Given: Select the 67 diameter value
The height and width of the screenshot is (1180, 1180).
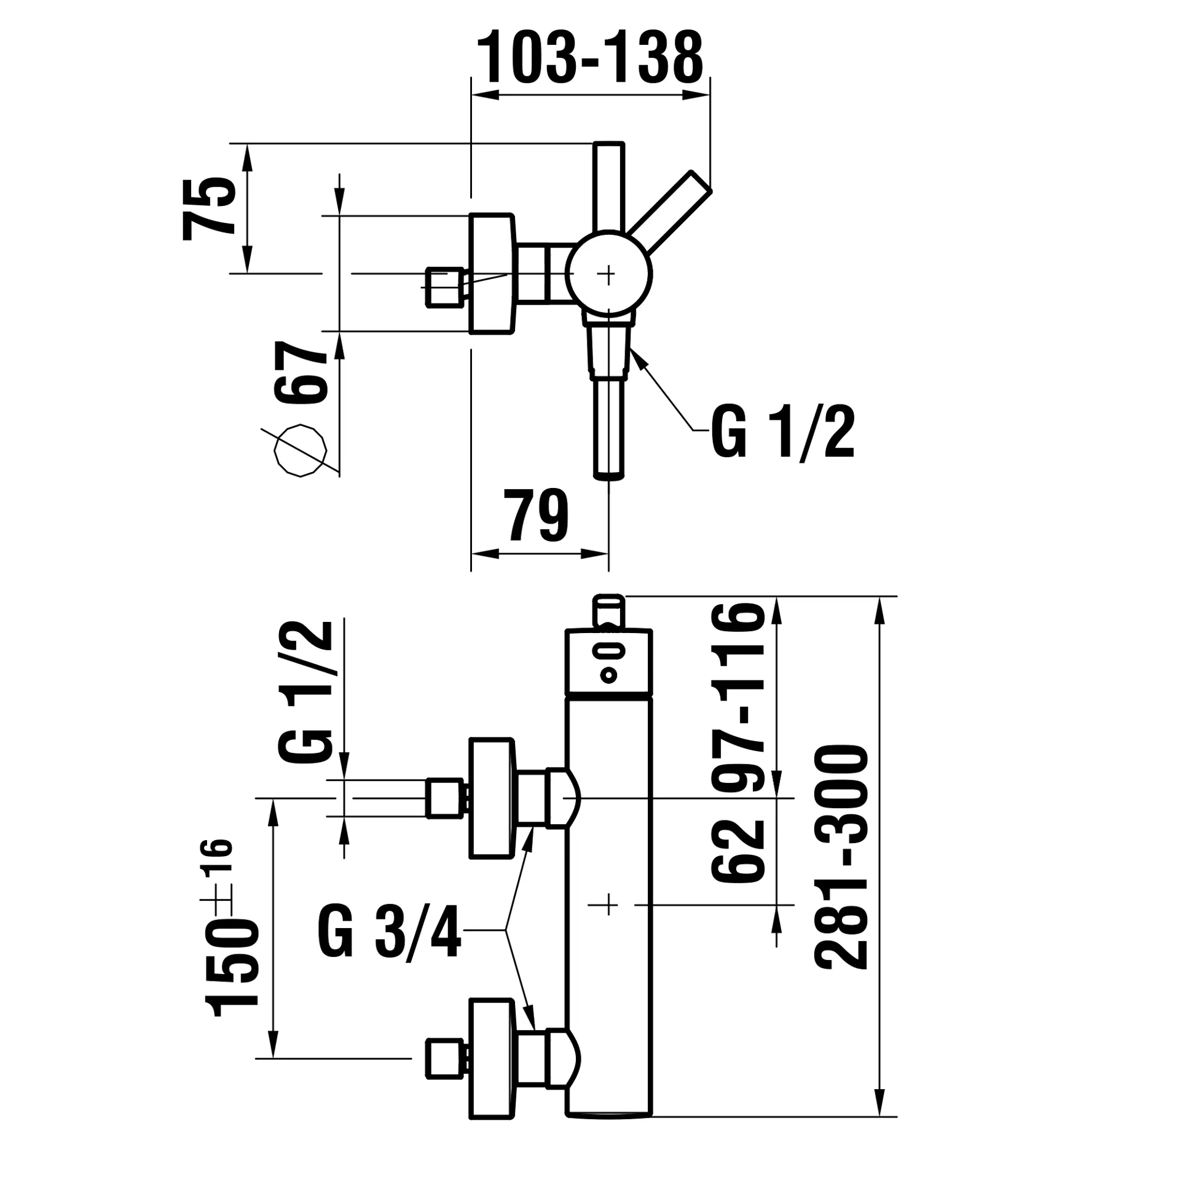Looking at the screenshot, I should (301, 372).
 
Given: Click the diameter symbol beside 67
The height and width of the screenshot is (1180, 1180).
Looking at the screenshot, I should (299, 450).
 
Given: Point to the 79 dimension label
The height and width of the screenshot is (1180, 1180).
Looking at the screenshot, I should (536, 516).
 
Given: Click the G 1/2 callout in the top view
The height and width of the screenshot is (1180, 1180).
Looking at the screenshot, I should (782, 432).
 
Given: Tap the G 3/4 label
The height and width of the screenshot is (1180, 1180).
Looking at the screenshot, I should (389, 930).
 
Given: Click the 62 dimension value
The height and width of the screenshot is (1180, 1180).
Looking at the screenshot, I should (739, 851).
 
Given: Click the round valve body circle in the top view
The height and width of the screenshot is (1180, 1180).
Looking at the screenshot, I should (608, 274).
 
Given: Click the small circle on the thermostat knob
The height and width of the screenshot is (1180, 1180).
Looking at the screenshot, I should (608, 675).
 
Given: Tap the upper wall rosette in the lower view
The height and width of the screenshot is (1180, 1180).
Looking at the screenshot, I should (491, 798).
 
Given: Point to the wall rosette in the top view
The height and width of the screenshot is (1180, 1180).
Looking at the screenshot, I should (491, 274).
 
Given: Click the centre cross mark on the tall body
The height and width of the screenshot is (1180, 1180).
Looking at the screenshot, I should (608, 905).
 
